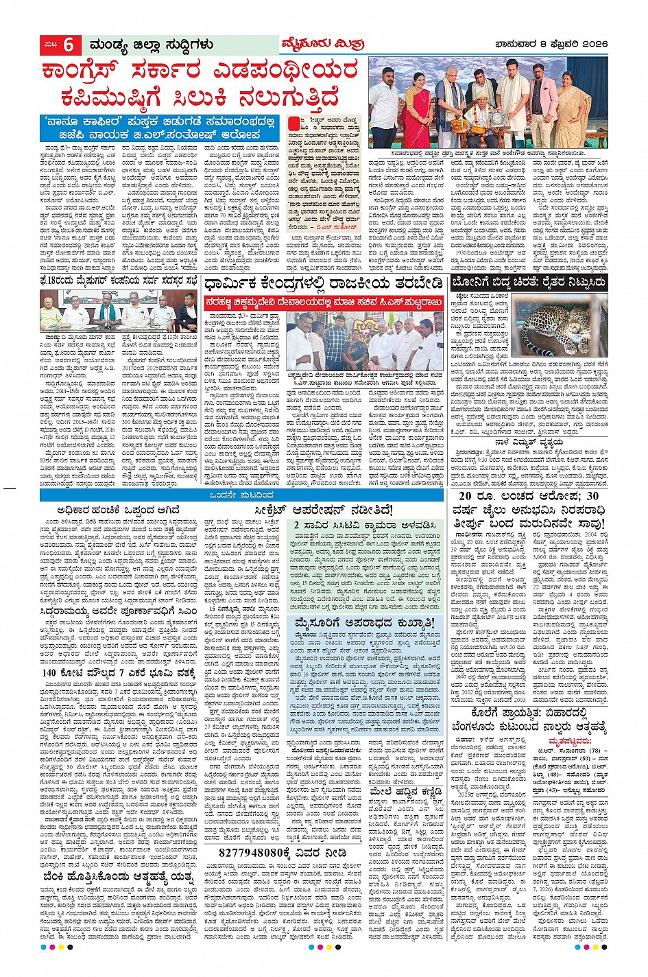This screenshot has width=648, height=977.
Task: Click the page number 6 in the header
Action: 68,45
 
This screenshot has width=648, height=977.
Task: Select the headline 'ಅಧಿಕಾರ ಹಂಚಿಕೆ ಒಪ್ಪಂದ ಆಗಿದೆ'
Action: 117,510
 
